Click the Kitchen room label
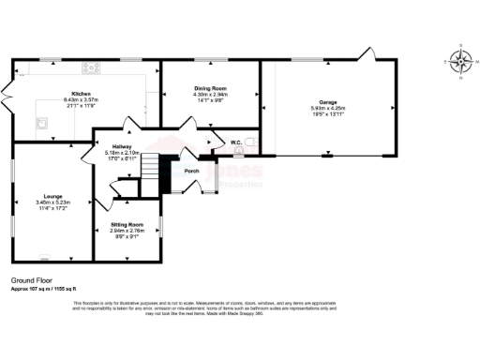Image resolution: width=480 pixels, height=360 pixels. pos(80,94)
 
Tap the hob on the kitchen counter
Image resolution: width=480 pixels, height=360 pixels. pos(91,67)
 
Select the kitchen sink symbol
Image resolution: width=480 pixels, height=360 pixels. pos(43,122)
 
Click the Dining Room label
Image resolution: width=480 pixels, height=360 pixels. pos(211,88)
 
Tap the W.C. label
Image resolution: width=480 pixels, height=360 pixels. pos(236,142)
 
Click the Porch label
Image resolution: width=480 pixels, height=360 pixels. pos(191,171)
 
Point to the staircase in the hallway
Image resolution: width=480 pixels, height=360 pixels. pos(164,173)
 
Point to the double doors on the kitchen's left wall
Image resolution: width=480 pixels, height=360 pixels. pos(8,94)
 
